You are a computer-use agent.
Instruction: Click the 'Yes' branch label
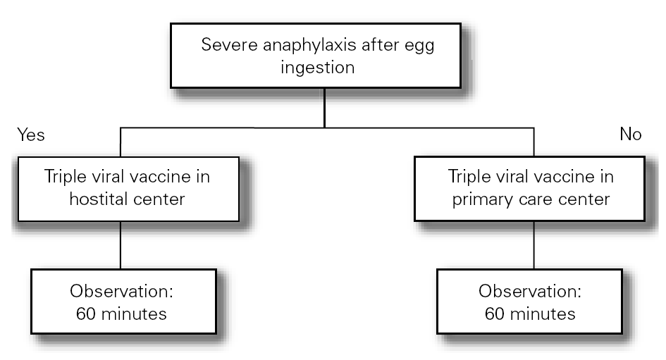pyautogui.click(x=30, y=135)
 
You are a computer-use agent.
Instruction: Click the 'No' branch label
pyautogui.click(x=630, y=135)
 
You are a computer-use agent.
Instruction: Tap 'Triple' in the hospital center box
pyautogui.click(x=66, y=177)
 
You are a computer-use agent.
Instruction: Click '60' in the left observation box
pyautogui.click(x=86, y=314)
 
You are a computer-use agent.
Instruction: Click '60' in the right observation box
pyautogui.click(x=495, y=314)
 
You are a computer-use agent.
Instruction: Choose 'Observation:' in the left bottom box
pyautogui.click(x=121, y=291)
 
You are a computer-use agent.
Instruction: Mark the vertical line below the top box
pyautogui.click(x=323, y=108)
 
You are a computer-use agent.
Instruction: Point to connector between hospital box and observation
pyautogui.click(x=121, y=244)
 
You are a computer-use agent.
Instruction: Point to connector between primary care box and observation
pyautogui.click(x=534, y=244)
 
